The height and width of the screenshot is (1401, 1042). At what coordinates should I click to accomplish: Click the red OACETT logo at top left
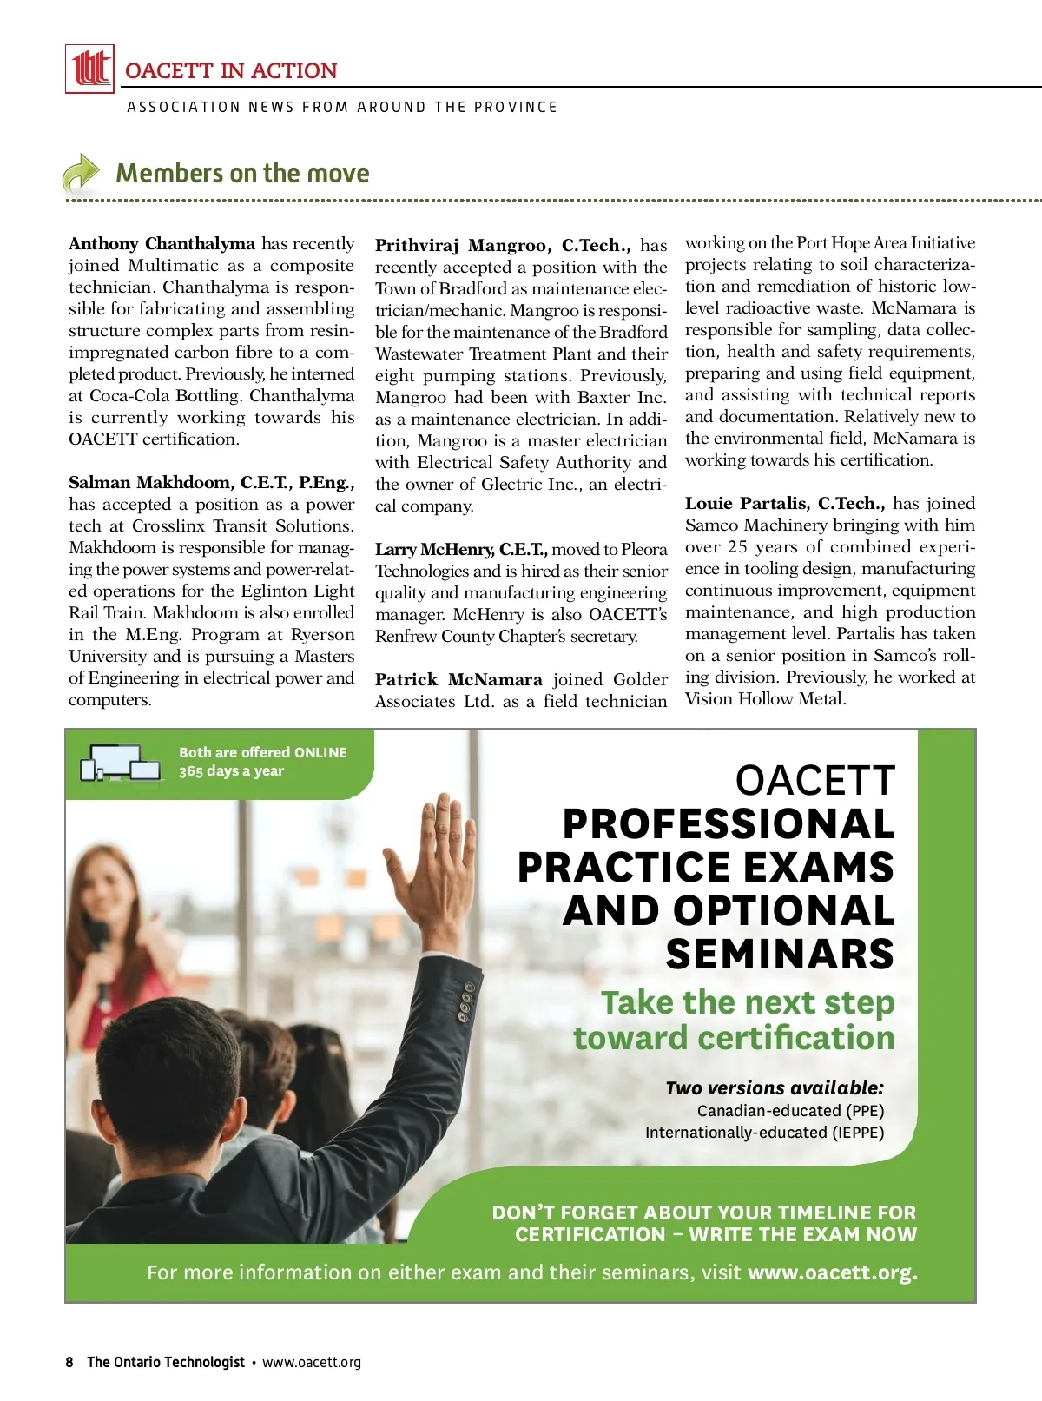pos(89,69)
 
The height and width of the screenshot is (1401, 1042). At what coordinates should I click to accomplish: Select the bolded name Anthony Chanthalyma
pos(162,244)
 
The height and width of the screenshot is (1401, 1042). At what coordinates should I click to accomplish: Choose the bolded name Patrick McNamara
pos(458,680)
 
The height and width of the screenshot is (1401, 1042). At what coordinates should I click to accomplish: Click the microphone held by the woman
pos(98,955)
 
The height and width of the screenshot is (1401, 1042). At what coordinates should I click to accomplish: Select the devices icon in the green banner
pos(122,763)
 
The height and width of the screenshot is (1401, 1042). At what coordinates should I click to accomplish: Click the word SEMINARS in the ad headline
pos(780,955)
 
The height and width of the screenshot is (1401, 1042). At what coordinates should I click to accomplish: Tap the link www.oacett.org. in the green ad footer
pos(832,1272)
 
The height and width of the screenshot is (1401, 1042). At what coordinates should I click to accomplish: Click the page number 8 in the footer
pos(69,1362)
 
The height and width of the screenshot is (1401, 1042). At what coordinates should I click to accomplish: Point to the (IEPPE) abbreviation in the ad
pos(858,1133)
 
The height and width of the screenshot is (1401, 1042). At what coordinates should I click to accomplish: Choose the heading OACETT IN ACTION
pos(231,71)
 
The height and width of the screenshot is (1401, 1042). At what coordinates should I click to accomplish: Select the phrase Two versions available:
pos(775,1088)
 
